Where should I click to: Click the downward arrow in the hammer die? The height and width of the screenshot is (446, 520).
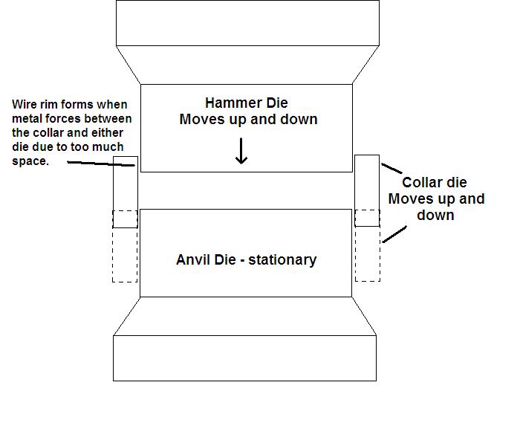click(241, 151)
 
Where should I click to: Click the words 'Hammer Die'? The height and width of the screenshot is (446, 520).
click(247, 103)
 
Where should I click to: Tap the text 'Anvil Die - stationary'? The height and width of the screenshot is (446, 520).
click(246, 260)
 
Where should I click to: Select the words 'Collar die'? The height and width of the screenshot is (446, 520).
click(435, 183)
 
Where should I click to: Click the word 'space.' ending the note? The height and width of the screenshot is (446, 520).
click(30, 161)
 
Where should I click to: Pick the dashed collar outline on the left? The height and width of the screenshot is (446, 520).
click(112, 246)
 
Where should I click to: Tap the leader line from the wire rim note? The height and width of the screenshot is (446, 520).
click(101, 164)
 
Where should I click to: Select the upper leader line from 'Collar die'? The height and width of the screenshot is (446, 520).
click(391, 168)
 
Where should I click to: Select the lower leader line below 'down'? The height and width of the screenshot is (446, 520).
click(394, 235)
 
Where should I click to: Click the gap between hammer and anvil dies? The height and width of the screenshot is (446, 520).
click(246, 190)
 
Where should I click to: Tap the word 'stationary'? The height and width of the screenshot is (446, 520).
click(282, 260)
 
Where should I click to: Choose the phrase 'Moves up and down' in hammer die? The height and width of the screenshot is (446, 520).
click(248, 120)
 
